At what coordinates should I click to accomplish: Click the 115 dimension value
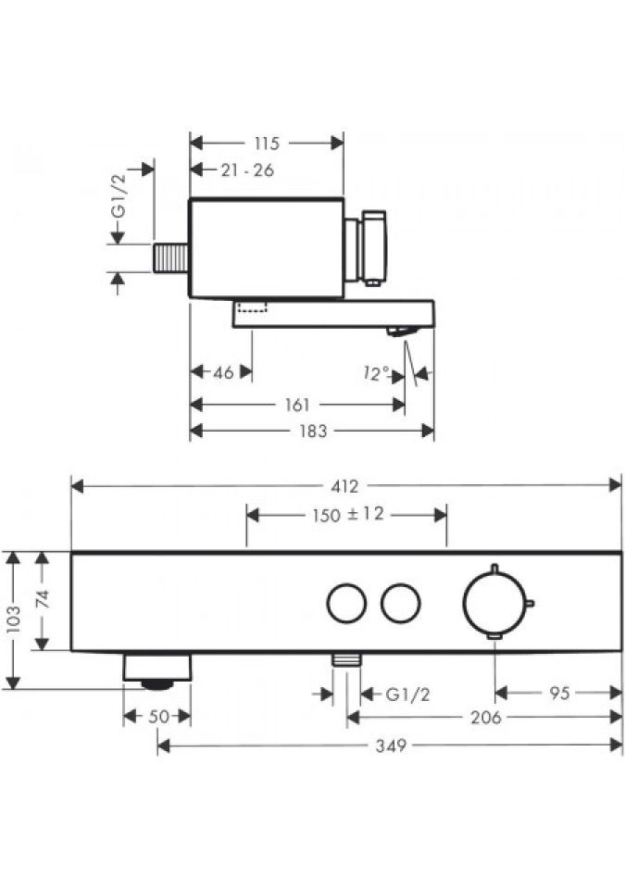[267, 144]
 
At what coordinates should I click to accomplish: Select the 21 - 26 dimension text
[247, 169]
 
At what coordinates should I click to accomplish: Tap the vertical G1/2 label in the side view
[119, 195]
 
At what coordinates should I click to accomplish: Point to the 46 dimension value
[223, 372]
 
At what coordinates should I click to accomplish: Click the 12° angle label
[376, 373]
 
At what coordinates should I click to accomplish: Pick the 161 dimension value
[297, 405]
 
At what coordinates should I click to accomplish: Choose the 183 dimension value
[313, 432]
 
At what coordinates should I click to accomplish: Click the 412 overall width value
[344, 486]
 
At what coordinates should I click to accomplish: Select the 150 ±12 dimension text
[347, 515]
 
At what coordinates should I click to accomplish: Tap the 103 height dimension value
[12, 620]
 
